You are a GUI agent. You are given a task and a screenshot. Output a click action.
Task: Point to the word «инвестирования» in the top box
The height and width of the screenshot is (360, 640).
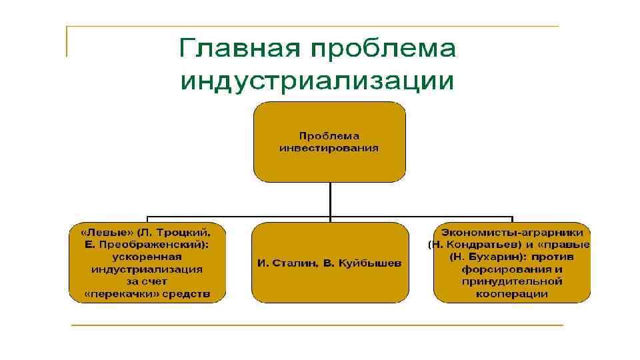(x=329, y=148)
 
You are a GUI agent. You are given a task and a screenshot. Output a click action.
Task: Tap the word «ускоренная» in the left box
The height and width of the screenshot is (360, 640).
(x=147, y=257)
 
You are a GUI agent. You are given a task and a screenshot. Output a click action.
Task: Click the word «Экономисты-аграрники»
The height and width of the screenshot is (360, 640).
(x=512, y=233)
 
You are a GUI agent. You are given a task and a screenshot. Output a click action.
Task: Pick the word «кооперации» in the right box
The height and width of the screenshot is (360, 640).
(x=512, y=293)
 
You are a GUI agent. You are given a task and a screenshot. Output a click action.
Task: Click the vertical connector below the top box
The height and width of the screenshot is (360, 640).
(x=329, y=199)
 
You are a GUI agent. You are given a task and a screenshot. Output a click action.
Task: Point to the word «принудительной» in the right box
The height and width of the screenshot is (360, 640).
(x=512, y=281)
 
